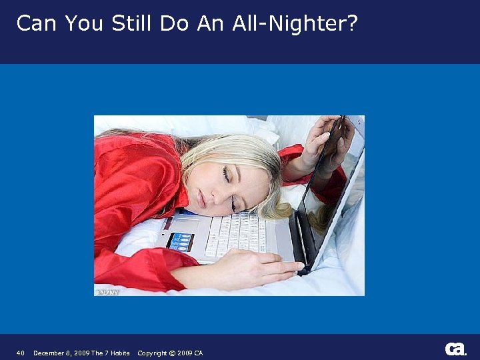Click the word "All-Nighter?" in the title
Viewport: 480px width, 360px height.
pyautogui.click(x=295, y=24)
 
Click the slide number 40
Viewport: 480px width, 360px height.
pyautogui.click(x=21, y=353)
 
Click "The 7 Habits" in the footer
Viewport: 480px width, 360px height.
pyautogui.click(x=111, y=353)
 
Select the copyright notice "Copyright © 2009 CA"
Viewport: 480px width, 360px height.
pyautogui.click(x=170, y=353)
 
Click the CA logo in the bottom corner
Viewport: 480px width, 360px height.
pyautogui.click(x=455, y=349)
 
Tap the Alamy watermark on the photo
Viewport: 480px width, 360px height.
pyautogui.click(x=107, y=291)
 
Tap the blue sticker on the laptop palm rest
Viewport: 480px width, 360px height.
pyautogui.click(x=180, y=241)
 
